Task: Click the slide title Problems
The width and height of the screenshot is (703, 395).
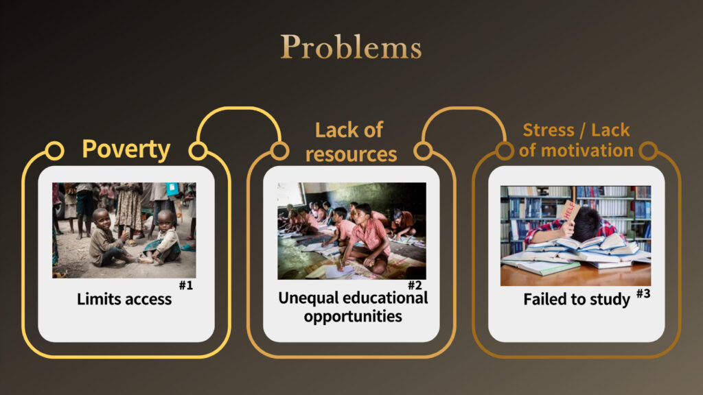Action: pos(351,47)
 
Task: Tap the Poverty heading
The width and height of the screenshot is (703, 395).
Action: pos(126,149)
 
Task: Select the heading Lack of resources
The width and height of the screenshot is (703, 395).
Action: pos(351,142)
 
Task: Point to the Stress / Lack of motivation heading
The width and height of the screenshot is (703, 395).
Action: pos(576,140)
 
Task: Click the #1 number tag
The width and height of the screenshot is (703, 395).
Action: pos(186,285)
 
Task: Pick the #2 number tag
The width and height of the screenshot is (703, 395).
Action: pos(415,285)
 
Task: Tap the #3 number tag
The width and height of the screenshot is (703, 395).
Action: pos(643,294)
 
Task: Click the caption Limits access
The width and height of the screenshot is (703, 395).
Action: pos(124,299)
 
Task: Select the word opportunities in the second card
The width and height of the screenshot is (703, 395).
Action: pos(353,317)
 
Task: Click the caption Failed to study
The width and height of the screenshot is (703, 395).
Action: pos(577,299)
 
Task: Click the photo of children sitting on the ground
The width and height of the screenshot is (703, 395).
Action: pos(124,230)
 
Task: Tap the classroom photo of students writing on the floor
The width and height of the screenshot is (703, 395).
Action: pos(352,231)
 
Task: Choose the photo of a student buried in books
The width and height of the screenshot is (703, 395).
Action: pos(576,236)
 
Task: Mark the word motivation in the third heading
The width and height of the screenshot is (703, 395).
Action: pos(588,150)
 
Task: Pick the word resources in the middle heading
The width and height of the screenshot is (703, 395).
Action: pos(351,154)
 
